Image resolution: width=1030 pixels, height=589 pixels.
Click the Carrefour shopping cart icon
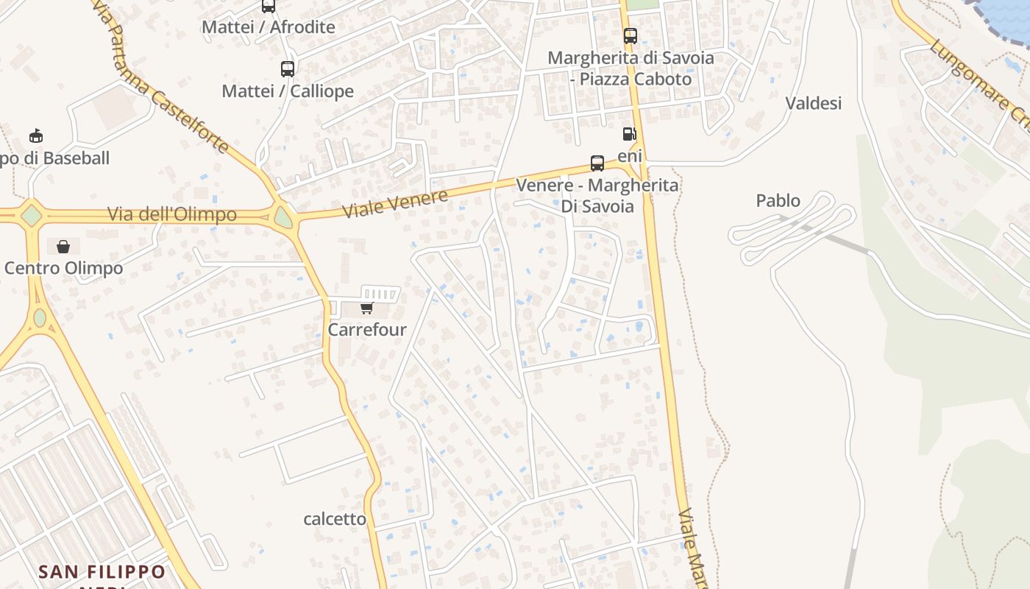[366, 308]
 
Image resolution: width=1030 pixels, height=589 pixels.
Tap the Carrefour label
[366, 329]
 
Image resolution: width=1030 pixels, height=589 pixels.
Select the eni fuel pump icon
[629, 134]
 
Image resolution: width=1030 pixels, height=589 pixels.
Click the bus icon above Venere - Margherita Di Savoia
[597, 163]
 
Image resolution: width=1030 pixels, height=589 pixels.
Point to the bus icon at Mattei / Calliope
[288, 68]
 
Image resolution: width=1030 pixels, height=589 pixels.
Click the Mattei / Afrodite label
[268, 27]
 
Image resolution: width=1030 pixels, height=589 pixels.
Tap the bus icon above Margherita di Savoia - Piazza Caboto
[631, 35]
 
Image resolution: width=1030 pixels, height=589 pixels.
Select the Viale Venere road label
[396, 204]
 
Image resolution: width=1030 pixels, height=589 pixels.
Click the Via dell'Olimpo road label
[172, 214]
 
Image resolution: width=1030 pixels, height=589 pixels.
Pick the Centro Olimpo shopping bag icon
[63, 246]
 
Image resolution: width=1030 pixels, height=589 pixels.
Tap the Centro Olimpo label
[63, 268]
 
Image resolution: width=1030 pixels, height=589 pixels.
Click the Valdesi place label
[813, 103]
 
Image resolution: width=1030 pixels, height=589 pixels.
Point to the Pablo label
[778, 200]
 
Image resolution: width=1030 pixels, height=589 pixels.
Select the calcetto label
[335, 519]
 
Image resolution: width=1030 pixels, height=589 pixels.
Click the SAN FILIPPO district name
[102, 572]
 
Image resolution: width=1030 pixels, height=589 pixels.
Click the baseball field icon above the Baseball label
[35, 136]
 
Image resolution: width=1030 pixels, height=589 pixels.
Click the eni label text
[630, 155]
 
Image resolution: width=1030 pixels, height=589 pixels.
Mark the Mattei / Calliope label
[288, 91]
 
